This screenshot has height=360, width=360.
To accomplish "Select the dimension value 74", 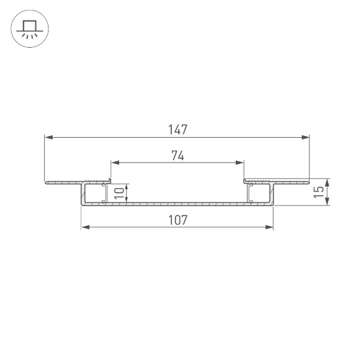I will pyautogui.click(x=178, y=156).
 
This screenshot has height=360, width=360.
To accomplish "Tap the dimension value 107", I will pyautogui.click(x=178, y=220).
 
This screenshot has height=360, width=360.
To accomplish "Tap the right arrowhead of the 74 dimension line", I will pyautogui.click(x=240, y=163).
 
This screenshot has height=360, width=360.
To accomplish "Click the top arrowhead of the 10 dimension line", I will pyautogui.click(x=127, y=186).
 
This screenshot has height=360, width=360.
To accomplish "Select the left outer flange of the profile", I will pyautogui.click(x=62, y=182).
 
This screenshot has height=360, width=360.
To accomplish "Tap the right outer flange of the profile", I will pyautogui.click(x=292, y=182).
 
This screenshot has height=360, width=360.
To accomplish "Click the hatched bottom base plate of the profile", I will pyautogui.click(x=178, y=203).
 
